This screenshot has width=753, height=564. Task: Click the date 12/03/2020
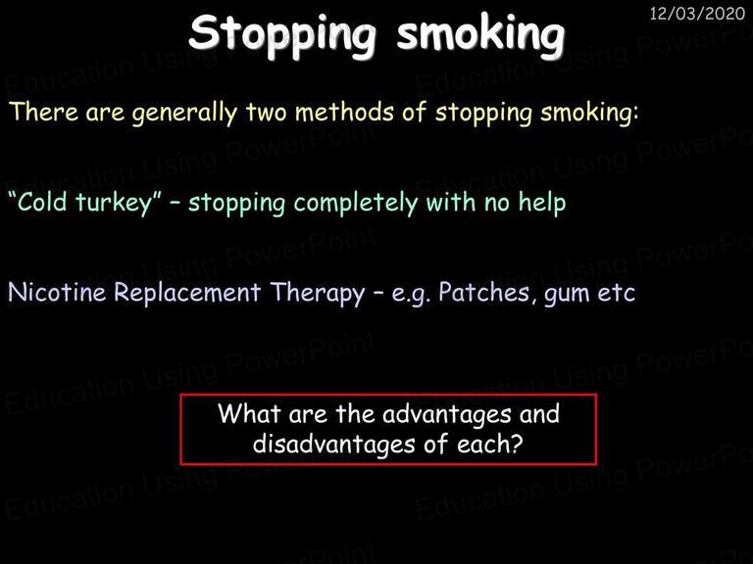click(697, 14)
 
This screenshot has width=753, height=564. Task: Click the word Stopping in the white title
click(282, 34)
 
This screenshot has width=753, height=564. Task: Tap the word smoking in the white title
click(480, 34)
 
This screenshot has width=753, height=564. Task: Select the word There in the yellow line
click(44, 112)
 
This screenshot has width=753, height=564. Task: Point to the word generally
click(185, 115)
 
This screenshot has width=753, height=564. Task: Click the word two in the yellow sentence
click(267, 113)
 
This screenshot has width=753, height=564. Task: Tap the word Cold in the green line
click(42, 202)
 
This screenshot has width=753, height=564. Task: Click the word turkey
click(114, 204)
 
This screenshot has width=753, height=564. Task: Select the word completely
click(356, 204)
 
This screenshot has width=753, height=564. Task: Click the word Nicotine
click(57, 292)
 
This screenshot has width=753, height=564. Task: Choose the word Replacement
click(187, 294)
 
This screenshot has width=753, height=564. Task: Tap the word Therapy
click(317, 294)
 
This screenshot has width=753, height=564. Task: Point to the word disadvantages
click(333, 446)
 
